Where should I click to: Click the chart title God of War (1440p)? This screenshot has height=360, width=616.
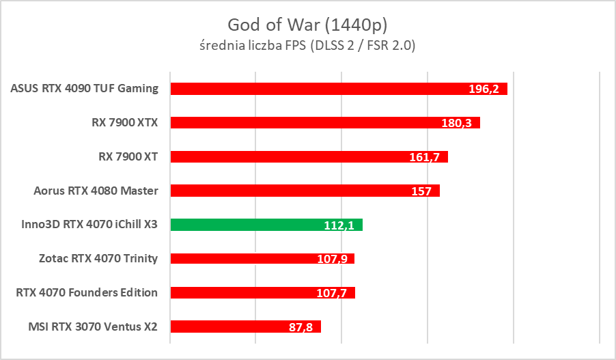pyautogui.click(x=308, y=25)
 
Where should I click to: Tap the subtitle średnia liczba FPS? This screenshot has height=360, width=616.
pyautogui.click(x=308, y=46)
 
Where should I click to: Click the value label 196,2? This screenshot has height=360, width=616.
pyautogui.click(x=484, y=89)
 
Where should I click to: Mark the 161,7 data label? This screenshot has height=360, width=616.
pyautogui.click(x=425, y=157)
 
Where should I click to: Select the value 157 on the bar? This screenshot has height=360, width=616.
pyautogui.click(x=421, y=191)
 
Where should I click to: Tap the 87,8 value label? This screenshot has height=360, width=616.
pyautogui.click(x=300, y=327)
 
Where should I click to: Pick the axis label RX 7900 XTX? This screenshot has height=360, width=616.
pyautogui.click(x=124, y=123)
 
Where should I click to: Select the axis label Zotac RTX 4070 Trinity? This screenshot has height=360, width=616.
pyautogui.click(x=98, y=258)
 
